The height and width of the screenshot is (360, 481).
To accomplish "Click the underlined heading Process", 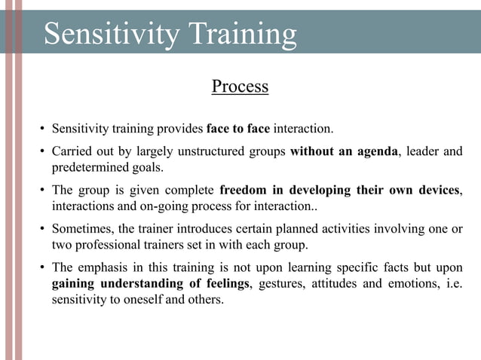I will (240, 87).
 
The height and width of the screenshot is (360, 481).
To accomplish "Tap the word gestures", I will (283, 283).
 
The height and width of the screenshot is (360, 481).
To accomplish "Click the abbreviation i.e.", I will (453, 283).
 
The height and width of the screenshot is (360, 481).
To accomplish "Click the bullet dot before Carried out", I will (44, 152).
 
